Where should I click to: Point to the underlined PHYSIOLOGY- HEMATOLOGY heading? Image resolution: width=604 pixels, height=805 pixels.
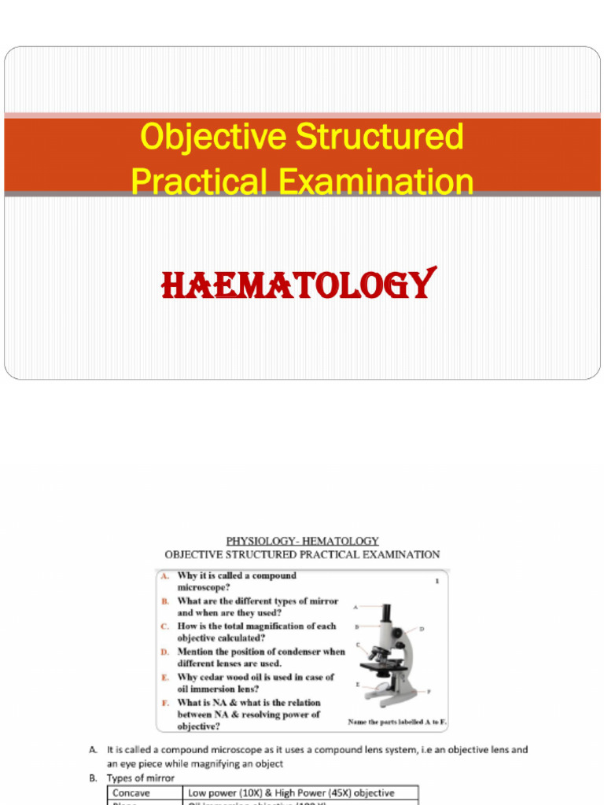pos(302,541)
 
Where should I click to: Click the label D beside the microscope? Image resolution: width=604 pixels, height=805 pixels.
pos(422,629)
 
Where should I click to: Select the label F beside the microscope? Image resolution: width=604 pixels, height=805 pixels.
pos(428,691)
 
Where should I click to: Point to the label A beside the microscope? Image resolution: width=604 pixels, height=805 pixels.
pos(355,607)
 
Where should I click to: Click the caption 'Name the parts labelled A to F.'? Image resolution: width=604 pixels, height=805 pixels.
pos(397,721)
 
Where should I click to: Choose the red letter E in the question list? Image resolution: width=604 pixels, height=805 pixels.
pos(165,677)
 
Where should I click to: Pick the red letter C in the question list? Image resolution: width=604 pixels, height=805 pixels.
pos(165,627)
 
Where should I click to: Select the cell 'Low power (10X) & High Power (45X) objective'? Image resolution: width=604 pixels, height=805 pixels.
pos(291,793)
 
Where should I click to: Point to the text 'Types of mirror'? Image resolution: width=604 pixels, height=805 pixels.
pos(142,778)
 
